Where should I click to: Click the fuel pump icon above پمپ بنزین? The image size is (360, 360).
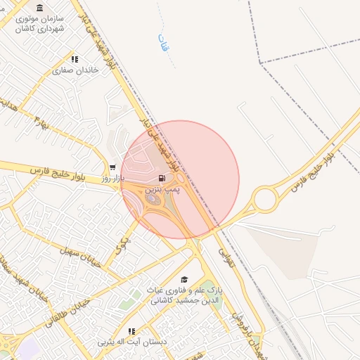click(x=163, y=179)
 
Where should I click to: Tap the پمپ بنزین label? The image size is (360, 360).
click(x=163, y=190)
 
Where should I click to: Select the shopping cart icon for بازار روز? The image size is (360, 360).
click(x=112, y=167)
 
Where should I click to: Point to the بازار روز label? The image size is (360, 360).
click(x=112, y=179)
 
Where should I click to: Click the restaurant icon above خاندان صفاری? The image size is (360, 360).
click(x=74, y=60)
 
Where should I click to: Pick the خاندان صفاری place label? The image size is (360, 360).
click(x=74, y=71)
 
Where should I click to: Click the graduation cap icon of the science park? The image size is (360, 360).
click(x=184, y=279)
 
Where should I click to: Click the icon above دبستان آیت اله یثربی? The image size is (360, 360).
click(x=131, y=331)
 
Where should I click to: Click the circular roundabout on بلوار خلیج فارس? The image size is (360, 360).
click(x=266, y=198)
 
